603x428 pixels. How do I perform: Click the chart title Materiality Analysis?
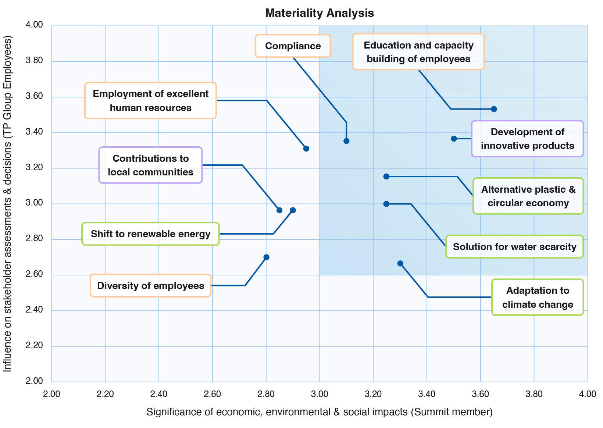319,13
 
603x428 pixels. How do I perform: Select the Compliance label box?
293,46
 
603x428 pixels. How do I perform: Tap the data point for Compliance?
346,141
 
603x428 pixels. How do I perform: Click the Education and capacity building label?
418,52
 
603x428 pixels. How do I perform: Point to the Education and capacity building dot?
494,109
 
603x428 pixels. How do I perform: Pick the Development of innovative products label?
527,139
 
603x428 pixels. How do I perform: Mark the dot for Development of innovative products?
454,139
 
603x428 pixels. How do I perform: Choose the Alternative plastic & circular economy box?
528,196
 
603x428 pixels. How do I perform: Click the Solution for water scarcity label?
514,247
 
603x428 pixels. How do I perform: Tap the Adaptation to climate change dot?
400,264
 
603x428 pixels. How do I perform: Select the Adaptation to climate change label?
537,297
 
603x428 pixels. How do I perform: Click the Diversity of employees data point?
267,257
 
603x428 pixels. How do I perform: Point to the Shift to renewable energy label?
150,234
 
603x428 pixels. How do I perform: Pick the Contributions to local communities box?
150,165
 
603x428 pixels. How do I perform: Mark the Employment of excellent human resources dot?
306,149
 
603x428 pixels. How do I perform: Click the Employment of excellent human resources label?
150,100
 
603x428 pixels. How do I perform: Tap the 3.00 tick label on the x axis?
320,394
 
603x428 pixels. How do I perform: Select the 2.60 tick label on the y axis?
35,274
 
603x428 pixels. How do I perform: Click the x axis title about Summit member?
319,412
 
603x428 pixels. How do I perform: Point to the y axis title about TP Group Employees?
8,203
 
